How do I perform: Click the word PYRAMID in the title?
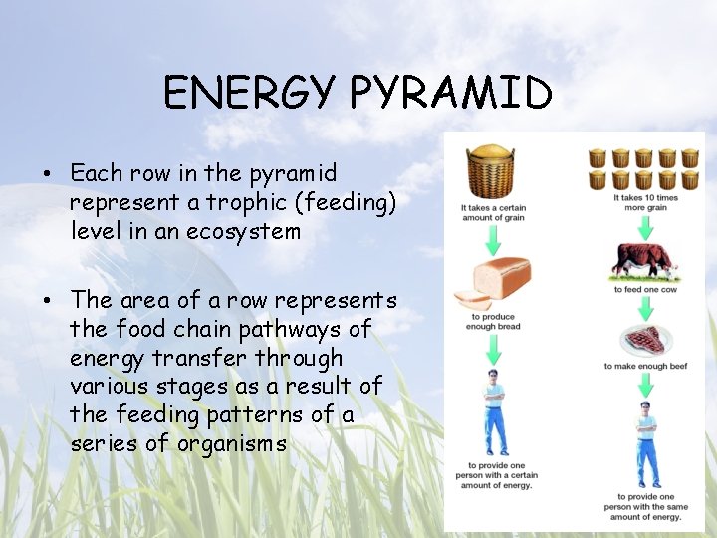[451, 95]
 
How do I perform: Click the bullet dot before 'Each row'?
[47, 174]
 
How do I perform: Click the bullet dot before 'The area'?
[47, 301]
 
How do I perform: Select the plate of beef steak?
[640, 340]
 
